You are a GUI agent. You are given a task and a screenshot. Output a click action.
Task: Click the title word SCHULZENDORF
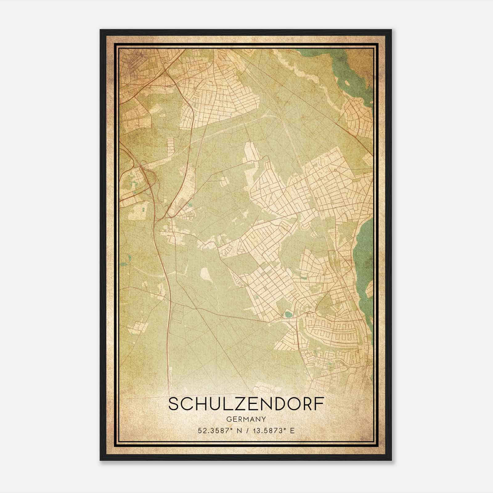[246, 404]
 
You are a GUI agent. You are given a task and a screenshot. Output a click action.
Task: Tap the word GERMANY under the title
[246, 419]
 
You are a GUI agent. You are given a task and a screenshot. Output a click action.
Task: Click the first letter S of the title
[173, 404]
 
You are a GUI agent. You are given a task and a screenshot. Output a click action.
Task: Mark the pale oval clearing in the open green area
[205, 274]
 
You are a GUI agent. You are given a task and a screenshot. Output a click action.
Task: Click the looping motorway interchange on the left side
[139, 182]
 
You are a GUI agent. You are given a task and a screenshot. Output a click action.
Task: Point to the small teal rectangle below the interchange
[144, 210]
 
